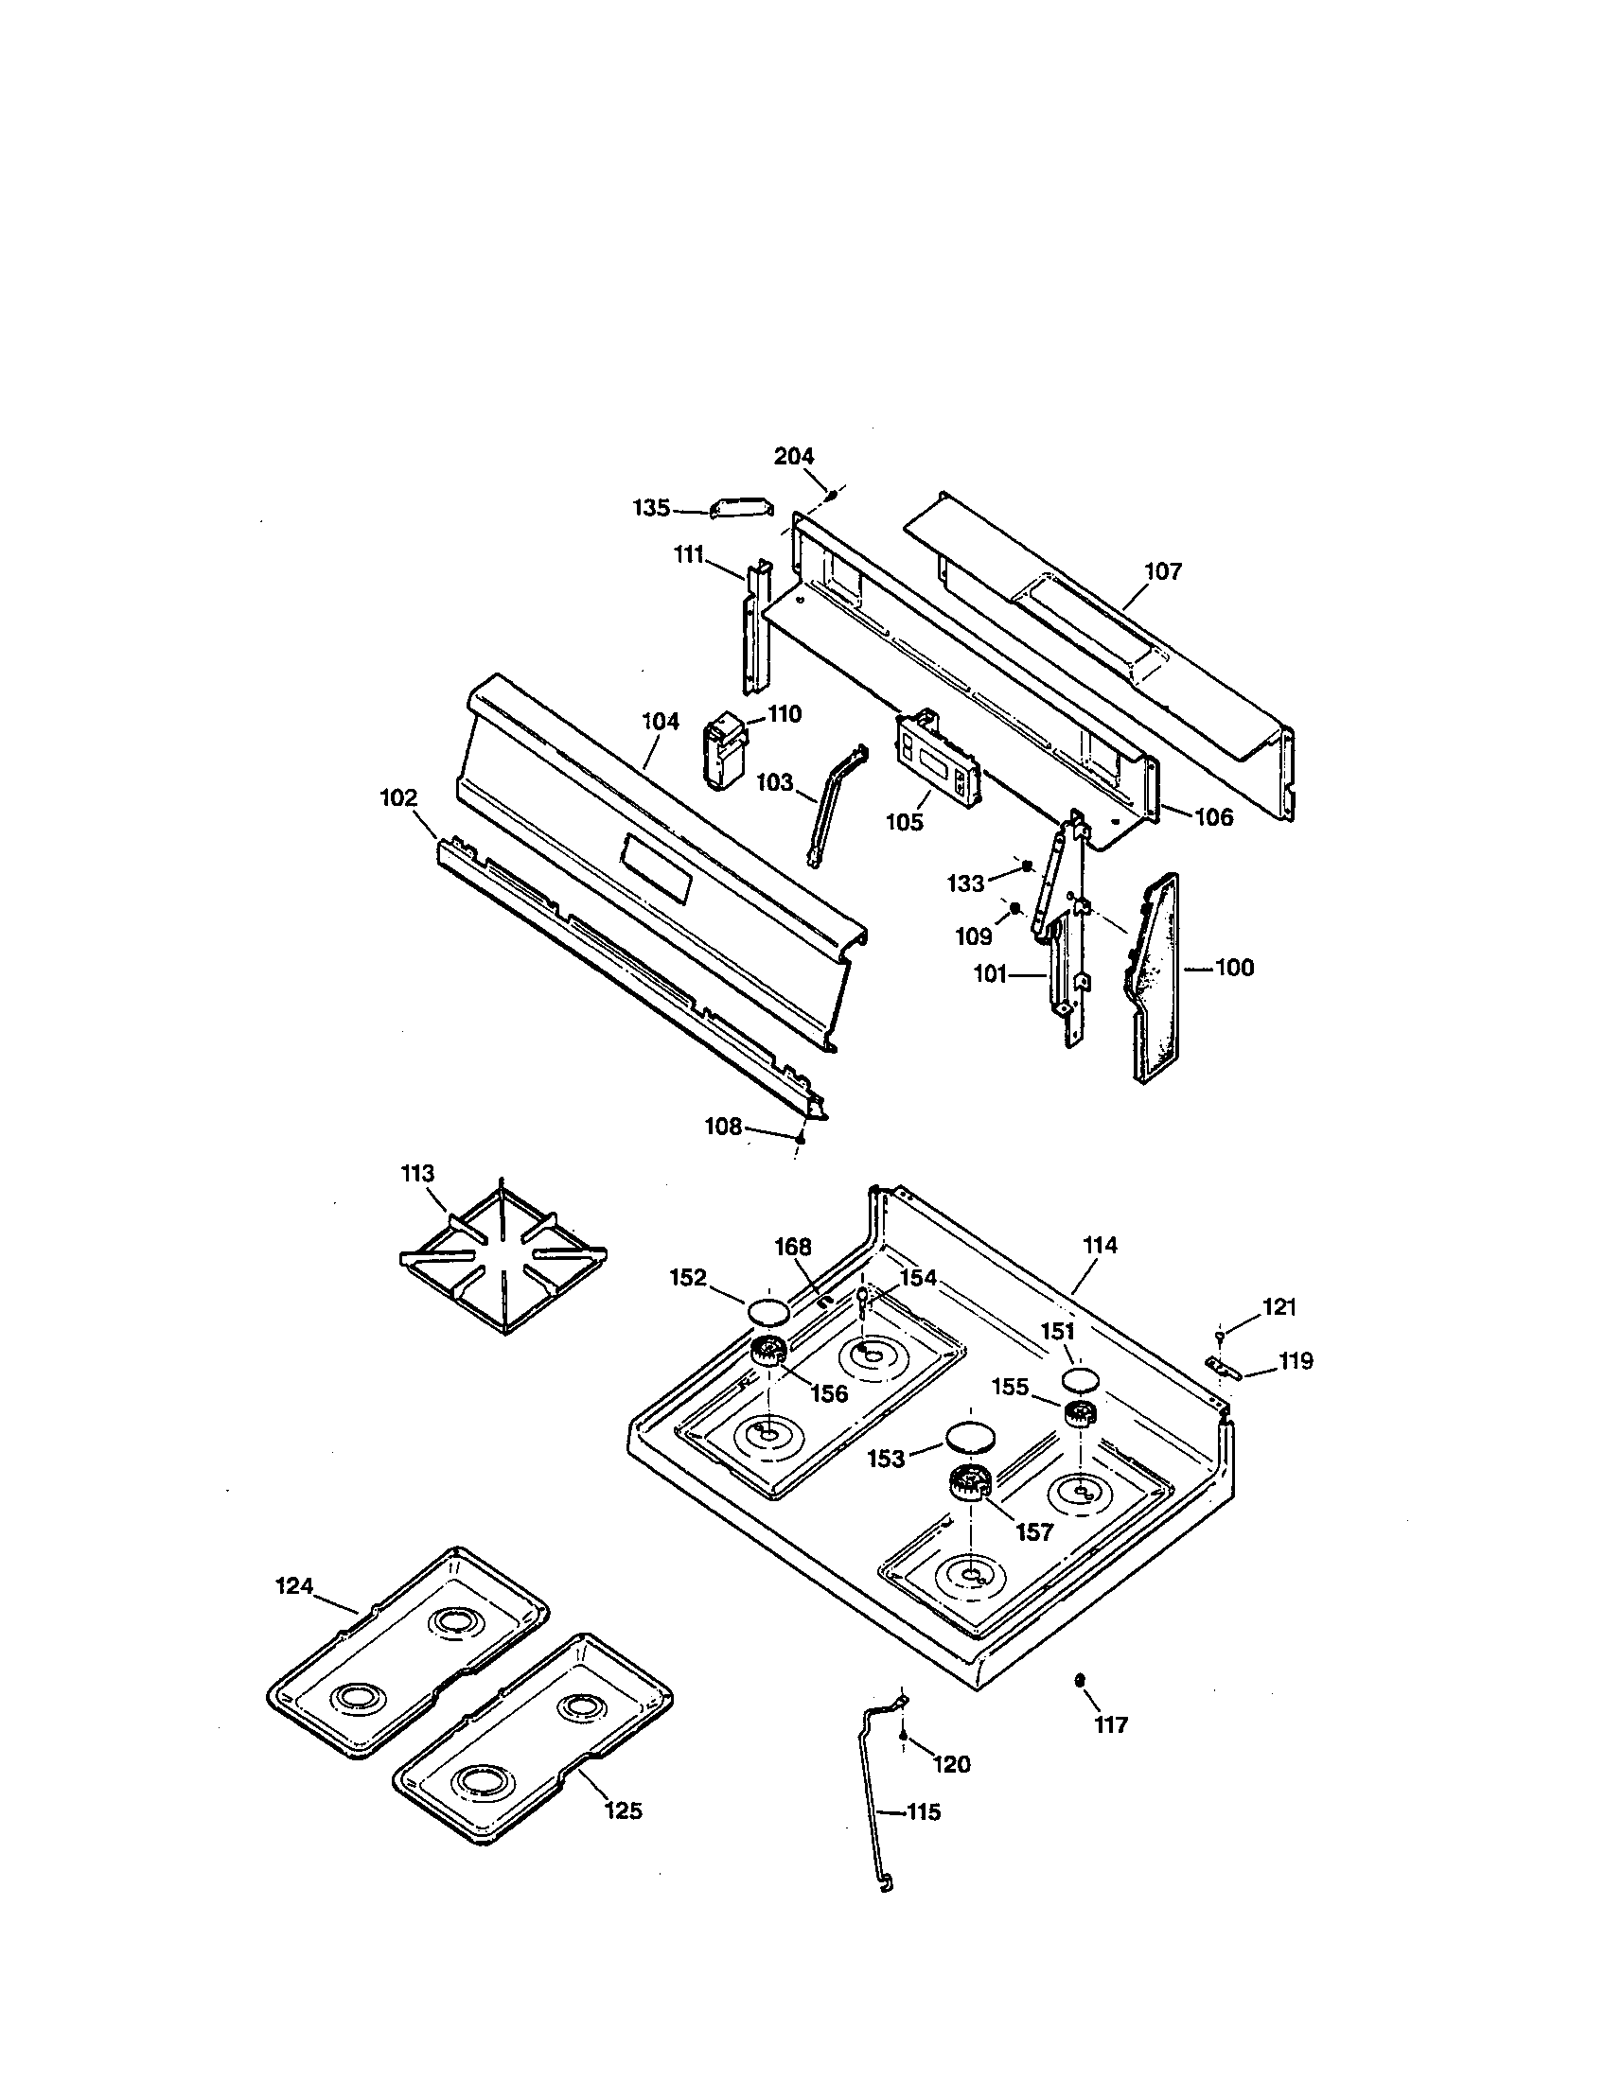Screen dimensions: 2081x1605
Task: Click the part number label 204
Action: coord(793,457)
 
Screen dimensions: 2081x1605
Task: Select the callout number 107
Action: coord(1163,570)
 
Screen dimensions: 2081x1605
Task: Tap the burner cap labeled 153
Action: coord(969,1437)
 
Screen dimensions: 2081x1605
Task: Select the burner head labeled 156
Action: coord(767,1350)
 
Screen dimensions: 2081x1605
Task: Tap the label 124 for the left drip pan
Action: coord(294,1586)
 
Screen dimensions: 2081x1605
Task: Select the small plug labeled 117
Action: coord(1079,1680)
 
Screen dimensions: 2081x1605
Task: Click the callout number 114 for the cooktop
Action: coord(1100,1245)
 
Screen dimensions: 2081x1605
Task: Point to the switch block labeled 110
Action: coord(724,753)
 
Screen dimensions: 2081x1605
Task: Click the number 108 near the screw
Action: coord(722,1127)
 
